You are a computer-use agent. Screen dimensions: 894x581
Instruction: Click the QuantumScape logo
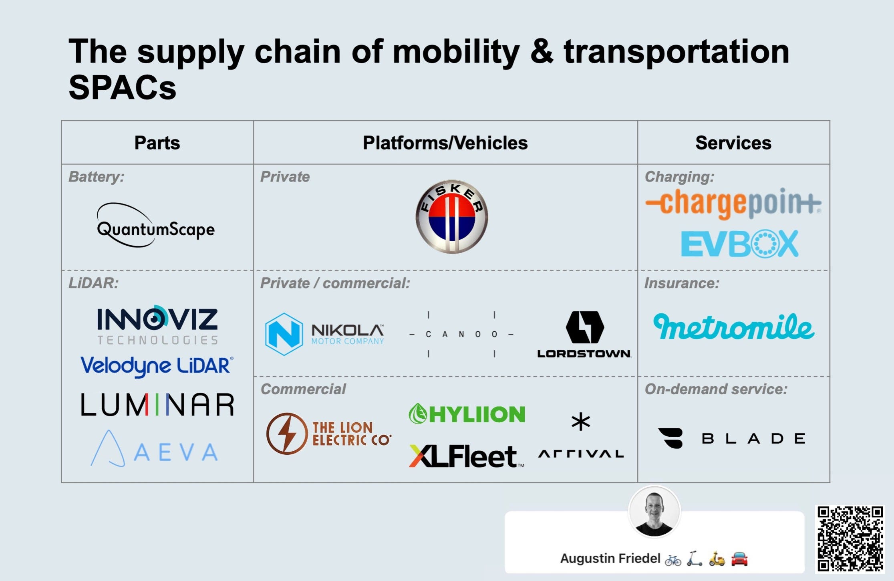[155, 226]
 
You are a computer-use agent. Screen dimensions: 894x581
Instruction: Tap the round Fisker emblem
[451, 216]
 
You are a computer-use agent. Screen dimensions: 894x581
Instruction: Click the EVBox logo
[739, 244]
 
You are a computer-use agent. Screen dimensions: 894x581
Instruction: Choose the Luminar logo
[157, 404]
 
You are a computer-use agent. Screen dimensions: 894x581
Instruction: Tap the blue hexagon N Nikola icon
[284, 334]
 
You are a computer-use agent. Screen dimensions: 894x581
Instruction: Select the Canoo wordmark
[461, 334]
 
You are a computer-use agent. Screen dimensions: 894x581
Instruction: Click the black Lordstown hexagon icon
[584, 327]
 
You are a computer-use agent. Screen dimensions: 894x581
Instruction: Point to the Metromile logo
[733, 326]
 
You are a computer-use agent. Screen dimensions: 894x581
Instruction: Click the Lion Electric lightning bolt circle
[286, 434]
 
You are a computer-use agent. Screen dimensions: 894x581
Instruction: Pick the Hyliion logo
[467, 414]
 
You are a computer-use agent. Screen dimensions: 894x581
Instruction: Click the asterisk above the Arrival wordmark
[581, 422]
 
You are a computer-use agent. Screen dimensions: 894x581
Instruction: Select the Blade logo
[731, 438]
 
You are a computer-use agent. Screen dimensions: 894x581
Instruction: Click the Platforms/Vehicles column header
[445, 143]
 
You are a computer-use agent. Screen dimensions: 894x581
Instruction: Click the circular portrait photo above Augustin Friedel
[654, 512]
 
